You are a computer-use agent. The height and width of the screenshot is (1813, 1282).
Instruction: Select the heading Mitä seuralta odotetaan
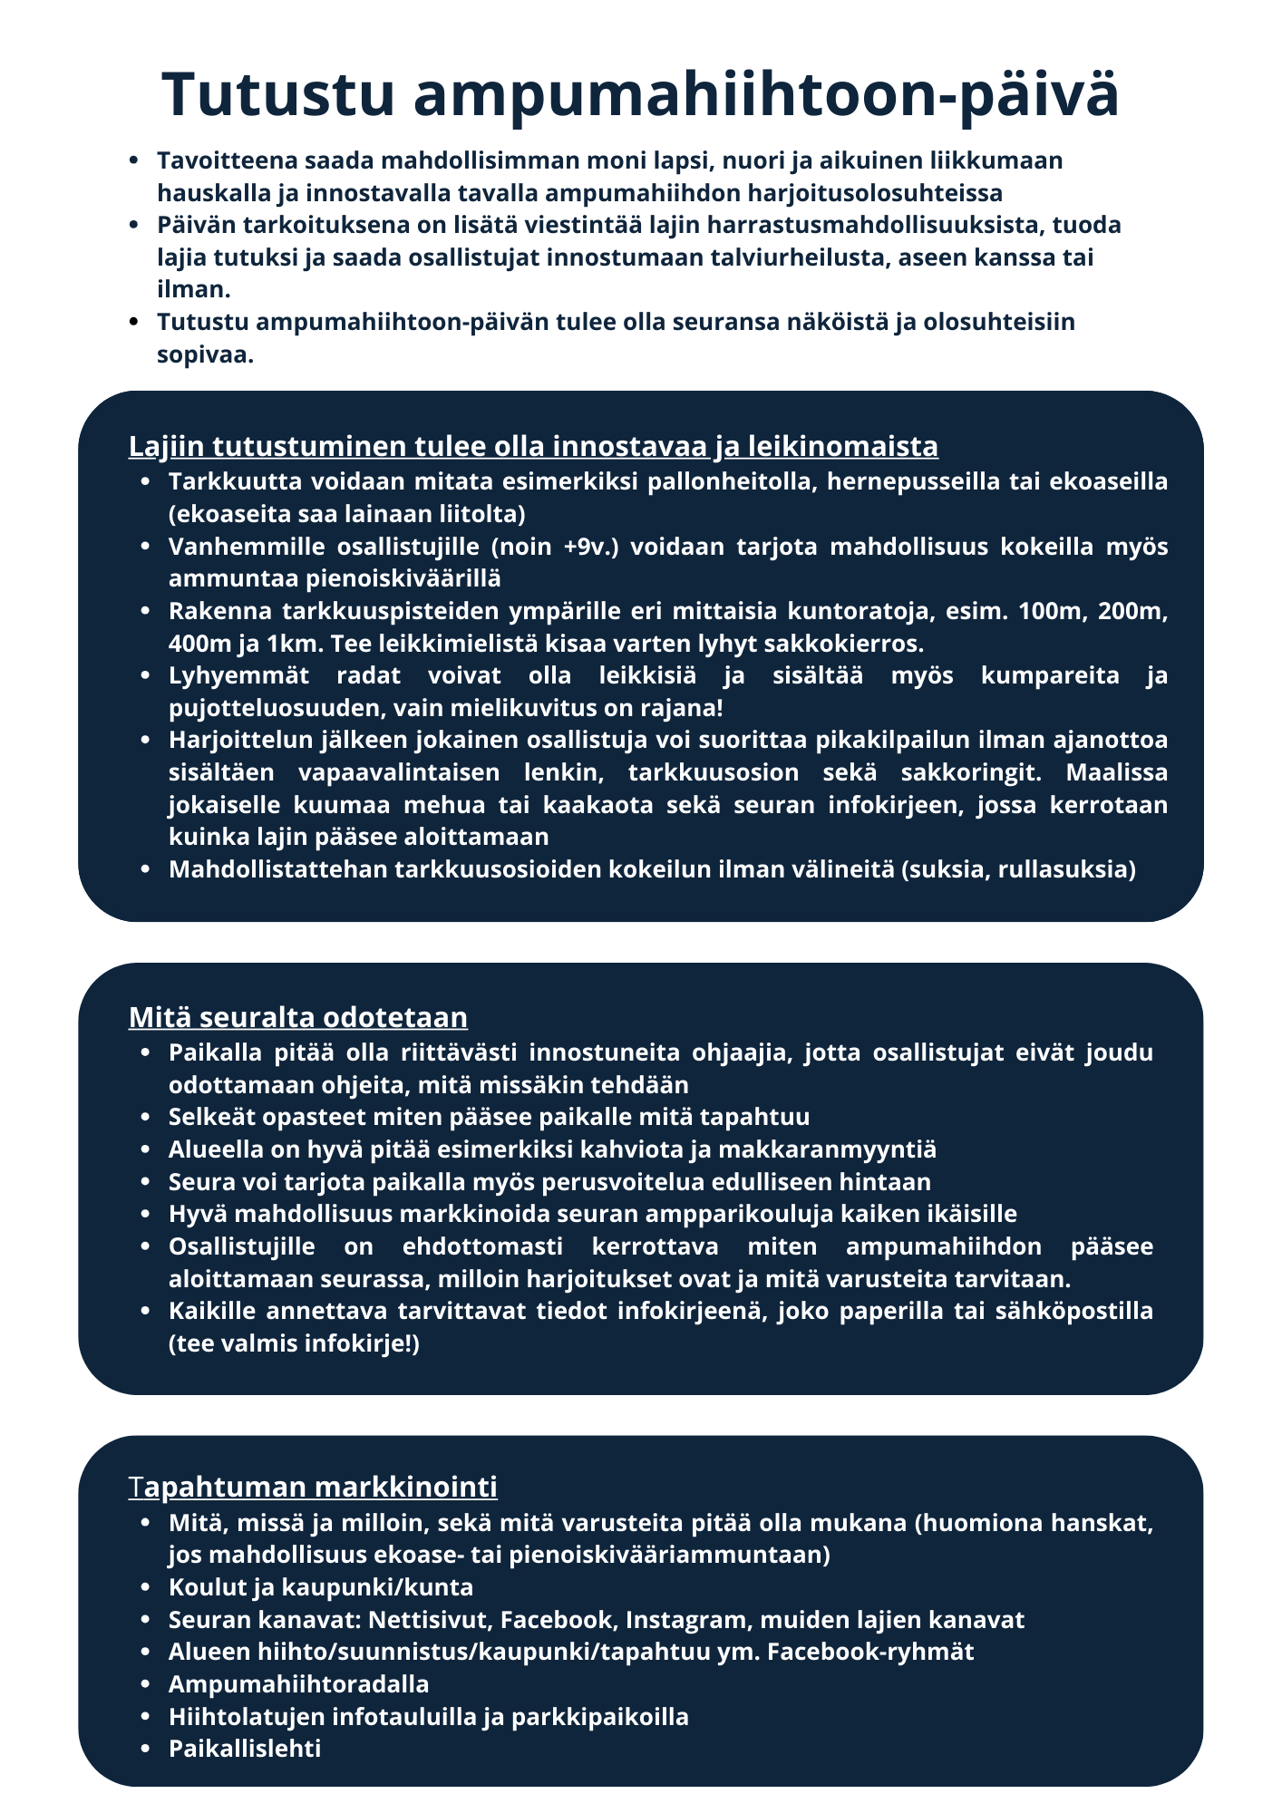click(x=297, y=1017)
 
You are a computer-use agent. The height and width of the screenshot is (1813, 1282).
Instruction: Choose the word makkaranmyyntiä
click(x=827, y=1149)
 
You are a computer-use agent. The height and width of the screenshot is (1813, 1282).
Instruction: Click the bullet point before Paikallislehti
click(x=146, y=1750)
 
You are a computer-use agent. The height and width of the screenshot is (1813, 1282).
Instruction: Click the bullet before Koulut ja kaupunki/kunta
click(x=146, y=1588)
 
